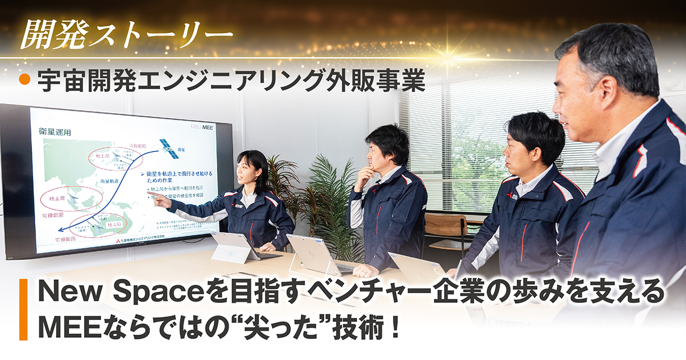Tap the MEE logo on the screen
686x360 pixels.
(207, 128)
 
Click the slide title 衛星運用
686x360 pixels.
(55, 132)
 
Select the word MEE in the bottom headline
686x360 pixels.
(63, 327)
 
